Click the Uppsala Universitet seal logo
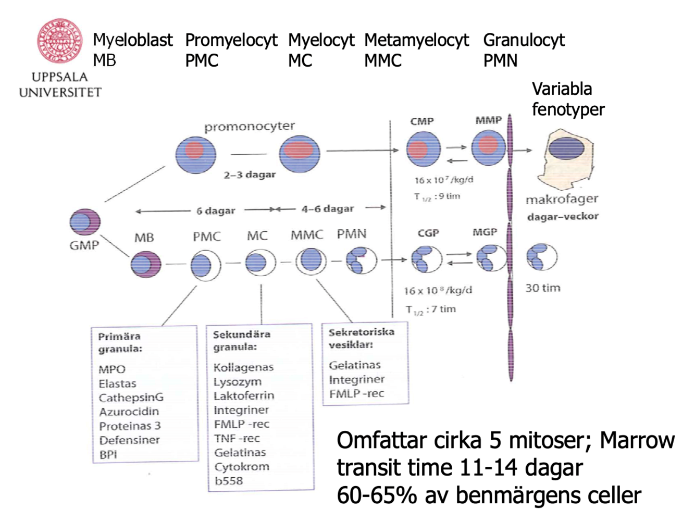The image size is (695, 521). point(59,41)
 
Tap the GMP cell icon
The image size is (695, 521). point(84,222)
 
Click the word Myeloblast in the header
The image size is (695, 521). point(133,40)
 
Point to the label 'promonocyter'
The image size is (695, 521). point(249,127)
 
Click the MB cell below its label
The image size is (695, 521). point(146,264)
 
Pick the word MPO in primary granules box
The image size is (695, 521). point(112,369)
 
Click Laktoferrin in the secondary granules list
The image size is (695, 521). point(243,396)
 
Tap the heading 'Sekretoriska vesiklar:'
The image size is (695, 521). point(361,338)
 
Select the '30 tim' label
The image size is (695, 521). point(542,288)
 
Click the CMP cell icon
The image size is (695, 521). point(423,150)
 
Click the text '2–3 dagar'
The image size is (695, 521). point(250,175)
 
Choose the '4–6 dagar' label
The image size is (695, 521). point(327,209)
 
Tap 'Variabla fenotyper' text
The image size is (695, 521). point(567,99)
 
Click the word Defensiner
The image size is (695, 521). point(129,440)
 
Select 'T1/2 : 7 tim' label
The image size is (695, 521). point(431,309)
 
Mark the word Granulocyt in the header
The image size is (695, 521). point(524,40)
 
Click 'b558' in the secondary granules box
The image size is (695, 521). point(229,481)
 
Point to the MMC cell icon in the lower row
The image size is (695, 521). point(311,261)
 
